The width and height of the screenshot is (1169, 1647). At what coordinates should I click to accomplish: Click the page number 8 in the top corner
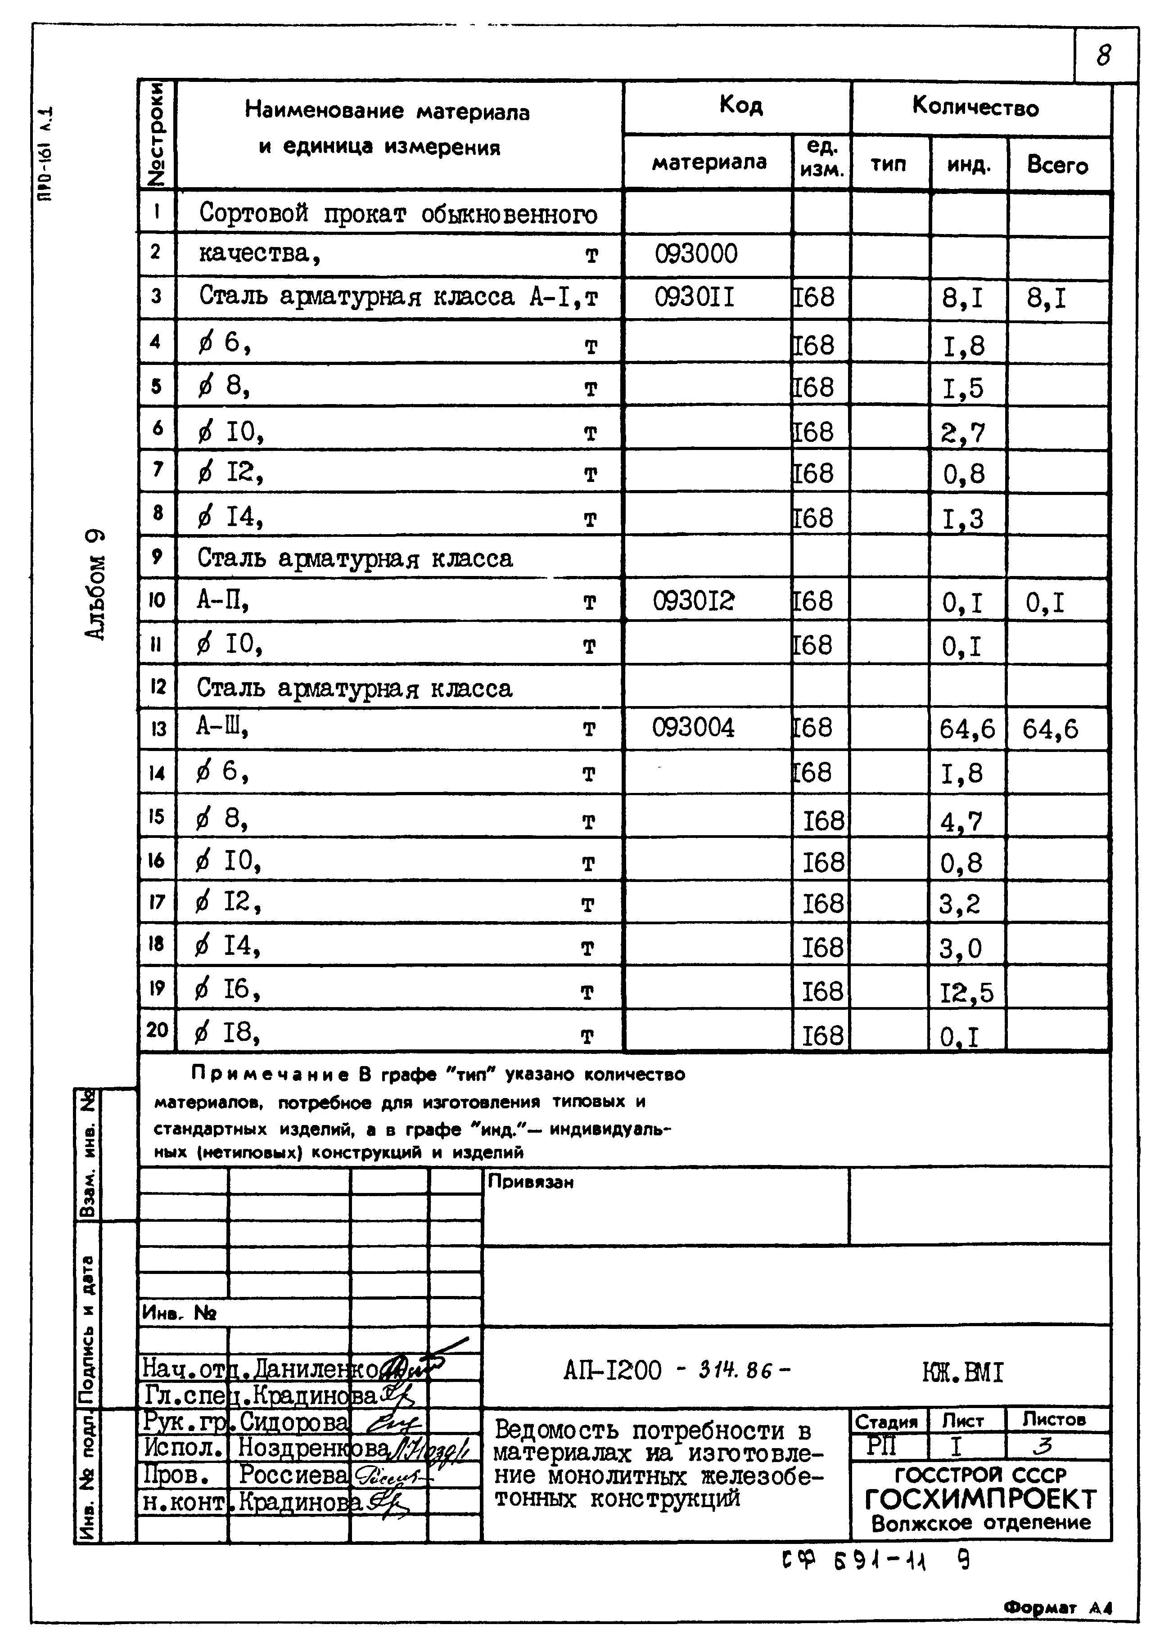tap(1103, 55)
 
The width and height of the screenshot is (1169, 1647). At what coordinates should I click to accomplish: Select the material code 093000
tap(695, 254)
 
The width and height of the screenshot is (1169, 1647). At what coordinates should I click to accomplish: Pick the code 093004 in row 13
tap(693, 728)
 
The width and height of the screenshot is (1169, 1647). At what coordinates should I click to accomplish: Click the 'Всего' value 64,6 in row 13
tap(1050, 729)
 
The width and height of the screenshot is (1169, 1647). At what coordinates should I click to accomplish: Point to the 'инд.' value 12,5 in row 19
tap(966, 994)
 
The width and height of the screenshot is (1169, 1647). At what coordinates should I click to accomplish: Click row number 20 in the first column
tap(157, 1030)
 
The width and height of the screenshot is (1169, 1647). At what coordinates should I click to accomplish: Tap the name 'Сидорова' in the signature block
tap(293, 1422)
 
